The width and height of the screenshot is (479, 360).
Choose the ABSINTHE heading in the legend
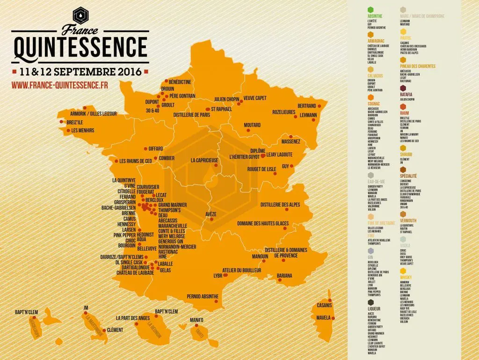375,16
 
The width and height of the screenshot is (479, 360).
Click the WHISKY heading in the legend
406,277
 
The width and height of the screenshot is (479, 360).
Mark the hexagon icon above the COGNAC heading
371,96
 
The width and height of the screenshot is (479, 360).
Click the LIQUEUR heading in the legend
374,309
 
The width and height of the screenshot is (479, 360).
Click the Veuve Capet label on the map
255,99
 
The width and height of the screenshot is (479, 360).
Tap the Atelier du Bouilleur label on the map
241,270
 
